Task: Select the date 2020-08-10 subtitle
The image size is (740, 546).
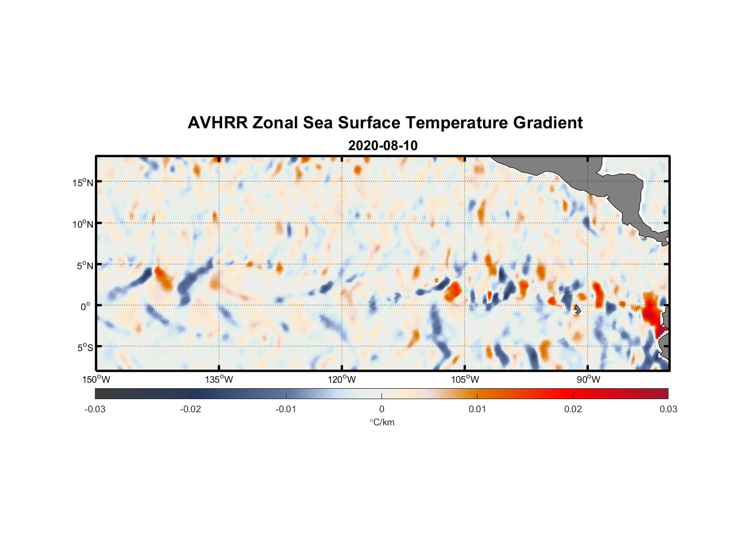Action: [x=383, y=146]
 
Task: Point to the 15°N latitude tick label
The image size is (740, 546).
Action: [x=82, y=182]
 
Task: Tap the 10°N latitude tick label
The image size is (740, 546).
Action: [x=82, y=224]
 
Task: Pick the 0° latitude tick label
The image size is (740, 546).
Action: [x=86, y=307]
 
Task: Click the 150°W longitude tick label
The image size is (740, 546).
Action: [x=97, y=379]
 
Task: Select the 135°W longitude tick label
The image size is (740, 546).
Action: [x=219, y=379]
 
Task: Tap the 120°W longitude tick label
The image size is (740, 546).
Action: [x=342, y=379]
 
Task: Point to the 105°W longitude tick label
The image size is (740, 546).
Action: [x=465, y=379]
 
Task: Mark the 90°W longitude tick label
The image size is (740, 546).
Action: [x=588, y=379]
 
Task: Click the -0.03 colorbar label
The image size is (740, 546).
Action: [x=95, y=410]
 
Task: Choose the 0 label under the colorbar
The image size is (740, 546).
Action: [x=381, y=410]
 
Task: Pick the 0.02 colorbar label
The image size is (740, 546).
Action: [x=573, y=410]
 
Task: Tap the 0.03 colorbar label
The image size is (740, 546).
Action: [x=668, y=410]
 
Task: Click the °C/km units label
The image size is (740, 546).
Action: [x=382, y=422]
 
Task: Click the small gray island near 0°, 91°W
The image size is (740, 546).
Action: [x=577, y=310]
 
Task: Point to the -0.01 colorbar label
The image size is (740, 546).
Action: [x=286, y=410]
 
